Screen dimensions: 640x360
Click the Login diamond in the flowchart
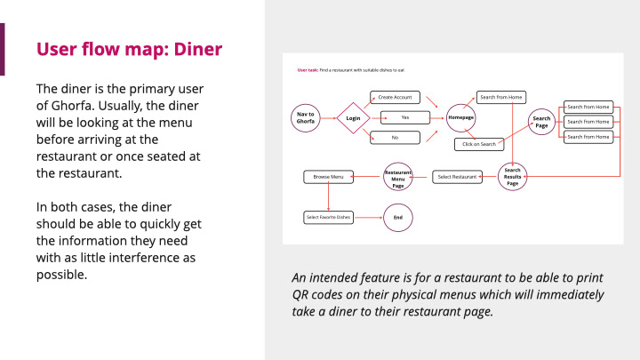353,117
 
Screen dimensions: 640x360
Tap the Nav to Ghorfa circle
305,117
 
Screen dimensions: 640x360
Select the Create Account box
396,97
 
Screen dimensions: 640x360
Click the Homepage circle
460,117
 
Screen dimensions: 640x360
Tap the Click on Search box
478,143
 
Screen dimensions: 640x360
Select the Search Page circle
541,121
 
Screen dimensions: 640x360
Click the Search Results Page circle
512,176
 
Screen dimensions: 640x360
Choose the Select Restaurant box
458,177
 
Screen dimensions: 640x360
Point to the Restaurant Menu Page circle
398,177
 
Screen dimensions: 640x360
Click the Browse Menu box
328,177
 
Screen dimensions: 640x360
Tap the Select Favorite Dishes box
328,217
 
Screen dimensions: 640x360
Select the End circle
397,217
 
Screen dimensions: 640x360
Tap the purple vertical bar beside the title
3,49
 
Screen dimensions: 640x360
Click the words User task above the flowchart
308,69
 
